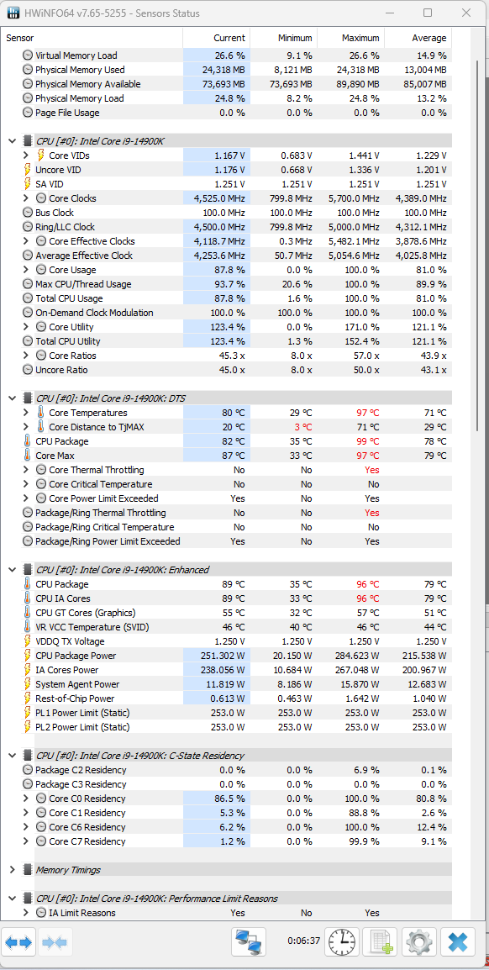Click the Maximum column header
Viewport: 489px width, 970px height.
pyautogui.click(x=360, y=38)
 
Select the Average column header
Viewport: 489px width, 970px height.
pyautogui.click(x=429, y=38)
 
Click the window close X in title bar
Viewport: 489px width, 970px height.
pyautogui.click(x=465, y=13)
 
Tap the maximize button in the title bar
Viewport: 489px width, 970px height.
pyautogui.click(x=428, y=13)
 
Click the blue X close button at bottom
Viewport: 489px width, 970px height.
pyautogui.click(x=458, y=942)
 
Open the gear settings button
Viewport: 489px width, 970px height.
pyautogui.click(x=418, y=942)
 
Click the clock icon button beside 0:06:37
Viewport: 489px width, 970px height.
pyautogui.click(x=342, y=942)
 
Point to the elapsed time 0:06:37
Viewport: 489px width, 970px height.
pyautogui.click(x=304, y=941)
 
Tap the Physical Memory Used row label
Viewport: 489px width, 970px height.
pyautogui.click(x=80, y=70)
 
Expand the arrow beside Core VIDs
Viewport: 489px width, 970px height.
pyautogui.click(x=25, y=156)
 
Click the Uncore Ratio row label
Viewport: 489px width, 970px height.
pyautogui.click(x=61, y=370)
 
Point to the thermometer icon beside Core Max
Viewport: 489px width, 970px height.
pyautogui.click(x=27, y=456)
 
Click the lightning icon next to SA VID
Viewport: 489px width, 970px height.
pyautogui.click(x=27, y=184)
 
